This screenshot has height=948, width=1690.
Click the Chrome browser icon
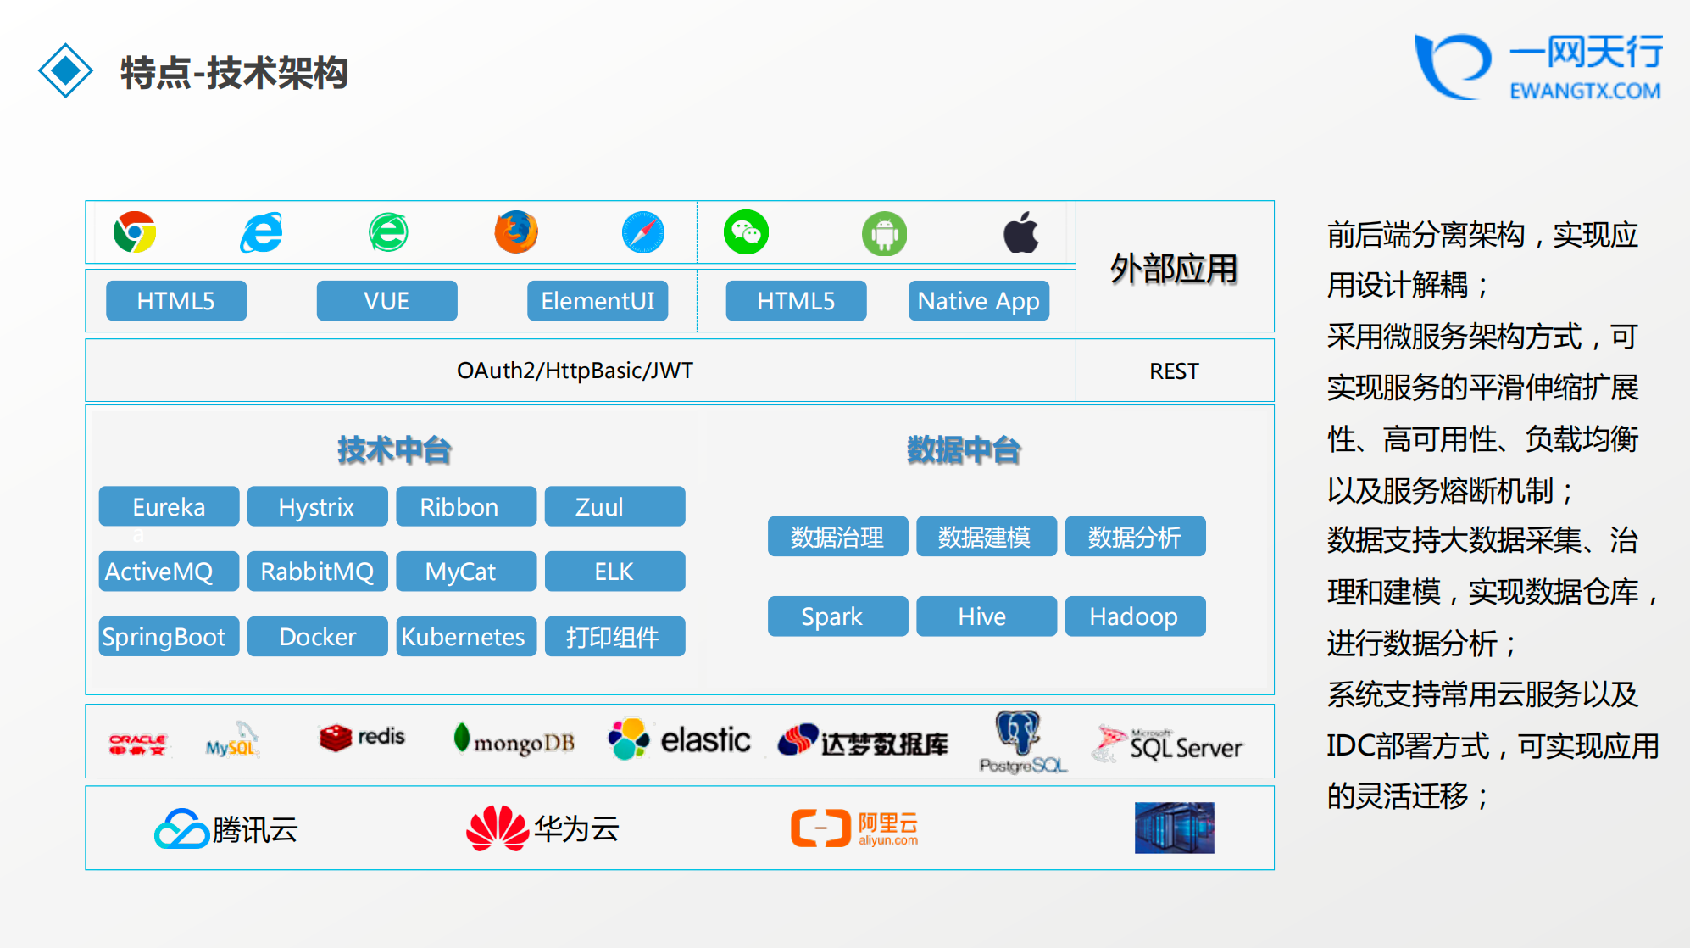[135, 232]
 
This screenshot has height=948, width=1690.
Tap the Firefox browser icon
[516, 232]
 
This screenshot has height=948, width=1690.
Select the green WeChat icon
[746, 232]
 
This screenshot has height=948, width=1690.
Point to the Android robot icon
[884, 233]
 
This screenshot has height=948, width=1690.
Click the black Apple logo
[1021, 232]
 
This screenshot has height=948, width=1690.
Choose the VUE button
[386, 301]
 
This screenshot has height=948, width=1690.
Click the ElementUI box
[598, 301]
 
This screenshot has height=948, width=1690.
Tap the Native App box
[978, 301]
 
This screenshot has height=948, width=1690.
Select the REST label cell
[1174, 371]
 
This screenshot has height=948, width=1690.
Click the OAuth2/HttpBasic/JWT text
[575, 371]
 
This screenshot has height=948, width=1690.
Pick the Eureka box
[169, 507]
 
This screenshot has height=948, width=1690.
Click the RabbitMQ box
[317, 572]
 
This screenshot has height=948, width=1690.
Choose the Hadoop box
[1134, 616]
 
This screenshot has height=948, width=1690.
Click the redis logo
[362, 738]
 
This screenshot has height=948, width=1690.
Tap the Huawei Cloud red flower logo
[498, 828]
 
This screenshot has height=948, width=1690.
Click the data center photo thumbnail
[1174, 828]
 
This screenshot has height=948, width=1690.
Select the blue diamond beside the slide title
[65, 70]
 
